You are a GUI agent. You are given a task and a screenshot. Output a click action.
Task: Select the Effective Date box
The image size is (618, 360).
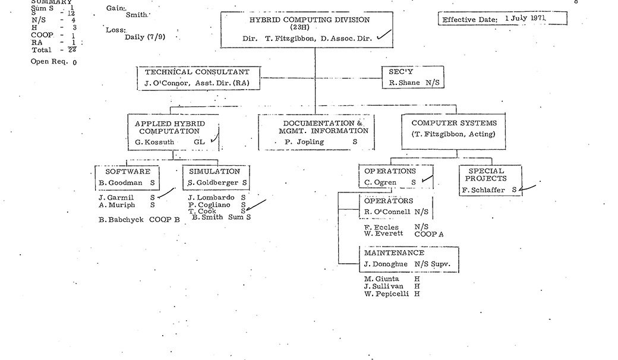pos(502,19)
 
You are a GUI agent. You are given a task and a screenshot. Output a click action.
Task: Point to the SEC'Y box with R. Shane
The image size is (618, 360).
pos(413,78)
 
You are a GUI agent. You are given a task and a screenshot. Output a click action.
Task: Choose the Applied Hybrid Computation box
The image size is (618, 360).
pos(173,132)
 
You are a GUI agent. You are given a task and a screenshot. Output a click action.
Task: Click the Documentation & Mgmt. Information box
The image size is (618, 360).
pos(316,132)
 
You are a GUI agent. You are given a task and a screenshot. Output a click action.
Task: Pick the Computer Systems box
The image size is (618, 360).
pos(453,128)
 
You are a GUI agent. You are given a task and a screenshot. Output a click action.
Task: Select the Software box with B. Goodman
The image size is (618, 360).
pos(127,177)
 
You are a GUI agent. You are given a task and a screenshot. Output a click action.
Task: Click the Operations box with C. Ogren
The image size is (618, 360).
pos(396,177)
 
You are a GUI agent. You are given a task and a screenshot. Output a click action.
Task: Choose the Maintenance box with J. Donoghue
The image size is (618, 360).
pos(410,259)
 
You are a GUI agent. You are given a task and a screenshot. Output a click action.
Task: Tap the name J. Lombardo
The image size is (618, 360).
pos(209,197)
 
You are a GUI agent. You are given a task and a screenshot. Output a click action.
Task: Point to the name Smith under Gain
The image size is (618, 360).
pos(137,14)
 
